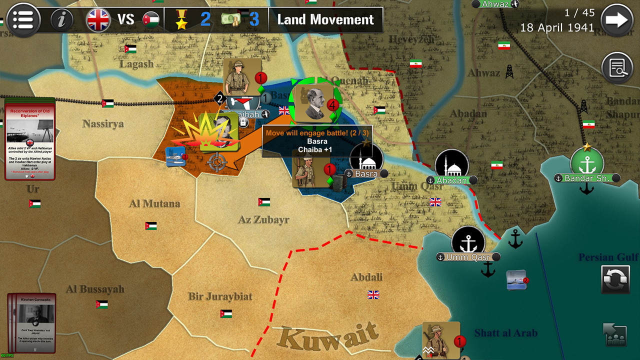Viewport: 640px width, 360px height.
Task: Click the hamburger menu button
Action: (x=23, y=20)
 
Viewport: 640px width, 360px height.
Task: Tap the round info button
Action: (x=62, y=20)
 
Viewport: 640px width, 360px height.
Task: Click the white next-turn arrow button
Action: (x=616, y=20)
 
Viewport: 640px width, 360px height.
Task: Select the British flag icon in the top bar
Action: (x=98, y=20)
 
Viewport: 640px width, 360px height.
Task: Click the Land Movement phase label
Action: (x=325, y=20)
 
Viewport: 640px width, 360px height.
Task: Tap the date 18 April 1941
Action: (x=557, y=28)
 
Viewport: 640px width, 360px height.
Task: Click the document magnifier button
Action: (x=617, y=67)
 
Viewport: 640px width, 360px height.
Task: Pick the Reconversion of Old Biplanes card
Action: (x=29, y=138)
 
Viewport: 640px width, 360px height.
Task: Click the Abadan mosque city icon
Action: (x=451, y=164)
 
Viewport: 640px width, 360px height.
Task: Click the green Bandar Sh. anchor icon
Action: (x=586, y=163)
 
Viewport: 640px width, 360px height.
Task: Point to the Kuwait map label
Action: (x=328, y=336)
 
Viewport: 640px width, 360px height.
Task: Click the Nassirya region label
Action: (x=103, y=123)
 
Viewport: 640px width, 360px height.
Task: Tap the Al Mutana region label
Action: (x=154, y=203)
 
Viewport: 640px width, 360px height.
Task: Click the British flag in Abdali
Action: (x=373, y=294)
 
